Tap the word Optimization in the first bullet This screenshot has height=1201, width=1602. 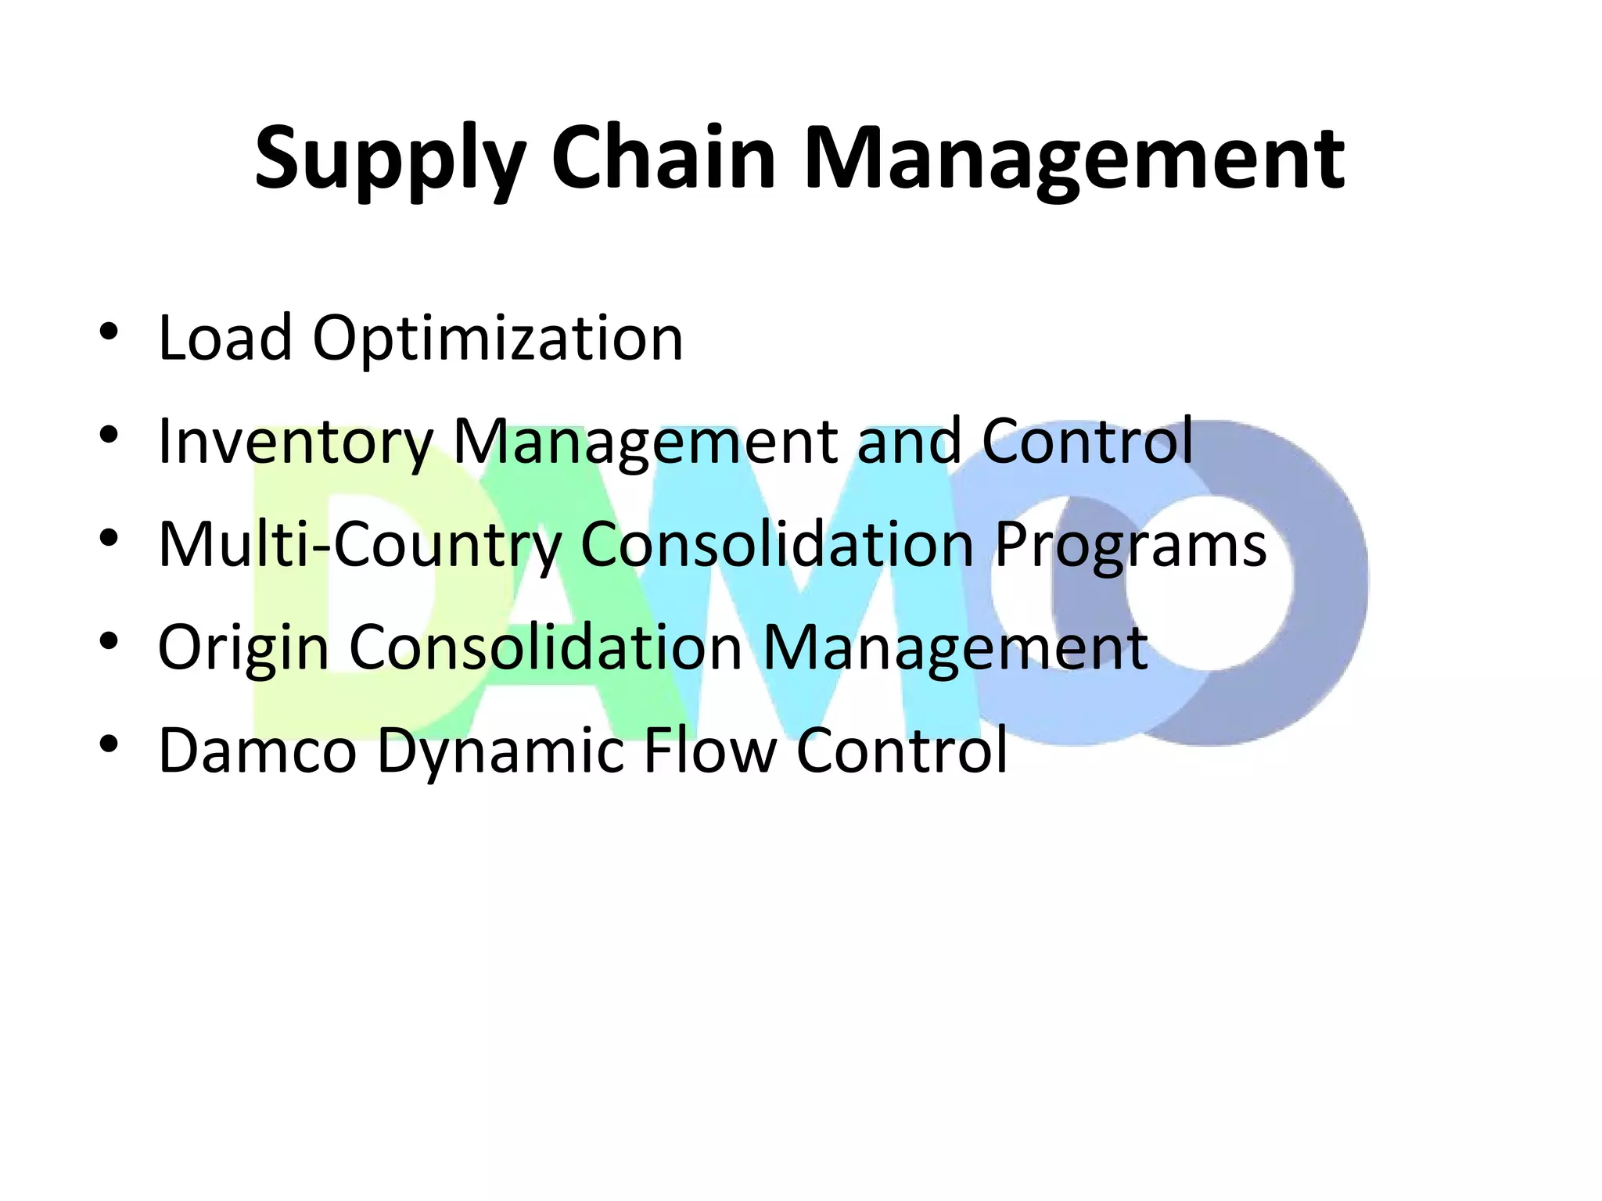click(x=498, y=339)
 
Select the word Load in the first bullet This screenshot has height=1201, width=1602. click(x=225, y=339)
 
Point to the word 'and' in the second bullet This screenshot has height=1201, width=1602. click(x=909, y=442)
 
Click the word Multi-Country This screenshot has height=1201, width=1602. click(x=361, y=545)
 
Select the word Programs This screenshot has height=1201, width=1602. click(x=1131, y=545)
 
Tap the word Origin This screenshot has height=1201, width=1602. click(x=243, y=648)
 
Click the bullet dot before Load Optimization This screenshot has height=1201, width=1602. click(x=109, y=332)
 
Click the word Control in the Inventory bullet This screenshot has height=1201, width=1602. click(x=1087, y=442)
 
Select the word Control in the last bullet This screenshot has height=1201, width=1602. click(x=902, y=751)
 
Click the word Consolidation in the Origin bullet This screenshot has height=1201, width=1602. click(x=545, y=648)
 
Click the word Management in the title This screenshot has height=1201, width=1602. click(x=1074, y=160)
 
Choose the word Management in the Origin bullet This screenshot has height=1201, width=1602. click(x=954, y=648)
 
